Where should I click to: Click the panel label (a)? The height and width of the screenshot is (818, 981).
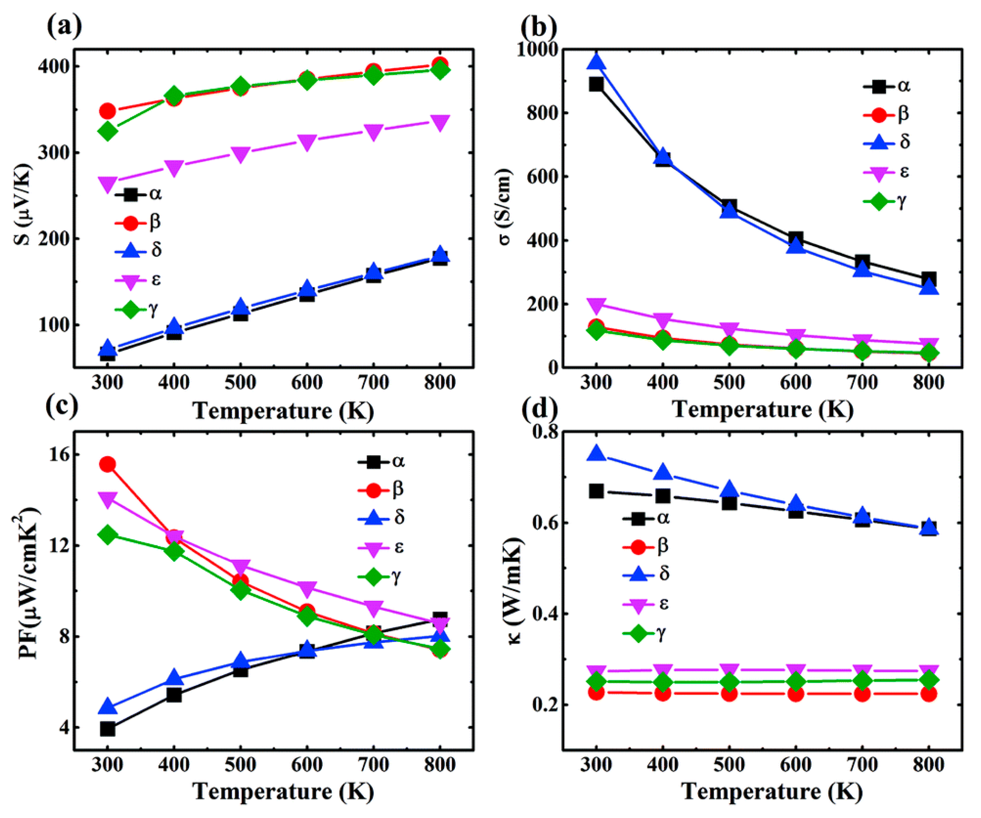tap(64, 27)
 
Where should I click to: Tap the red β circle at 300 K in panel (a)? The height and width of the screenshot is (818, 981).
tap(107, 111)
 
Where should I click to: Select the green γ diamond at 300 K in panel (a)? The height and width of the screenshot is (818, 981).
tap(107, 131)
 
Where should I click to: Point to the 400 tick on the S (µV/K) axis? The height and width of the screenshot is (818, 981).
tap(56, 66)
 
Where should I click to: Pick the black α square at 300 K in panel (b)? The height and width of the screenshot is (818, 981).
tap(596, 85)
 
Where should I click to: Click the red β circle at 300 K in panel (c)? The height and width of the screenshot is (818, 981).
tap(107, 464)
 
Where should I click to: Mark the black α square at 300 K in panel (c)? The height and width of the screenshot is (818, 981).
tap(107, 728)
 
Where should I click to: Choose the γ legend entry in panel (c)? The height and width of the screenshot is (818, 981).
tap(381, 578)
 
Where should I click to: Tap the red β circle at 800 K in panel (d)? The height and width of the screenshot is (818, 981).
tap(929, 694)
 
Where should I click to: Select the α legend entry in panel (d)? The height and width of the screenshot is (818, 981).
tap(647, 518)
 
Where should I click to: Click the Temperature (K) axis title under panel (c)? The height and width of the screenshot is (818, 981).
tap(283, 791)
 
